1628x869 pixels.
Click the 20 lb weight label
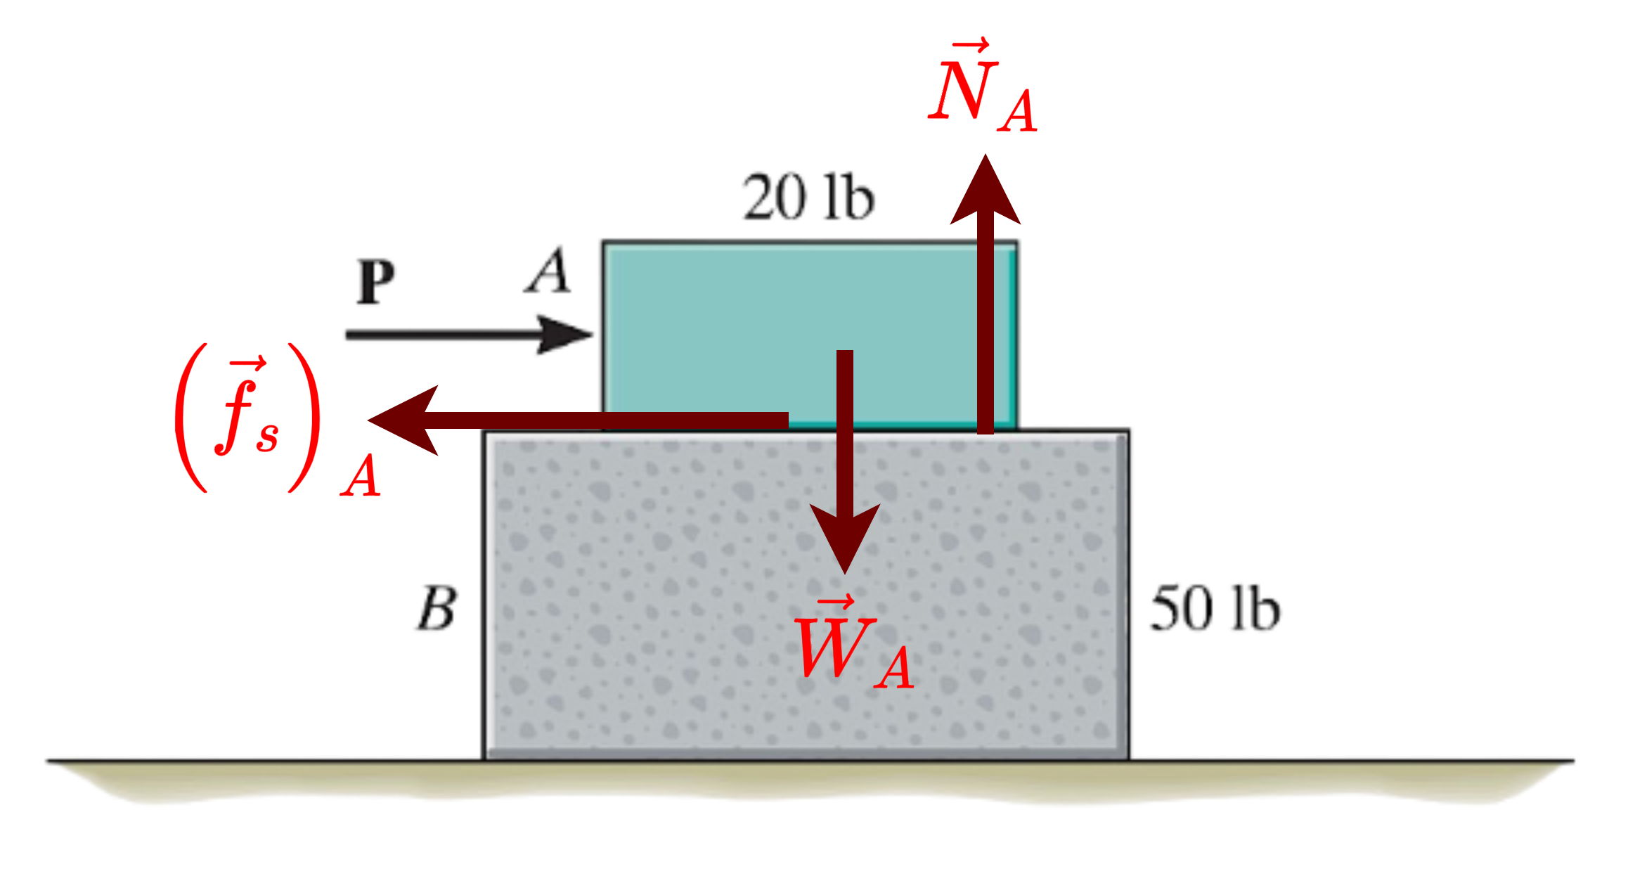[x=808, y=196]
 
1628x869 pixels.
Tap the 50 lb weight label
[x=1215, y=608]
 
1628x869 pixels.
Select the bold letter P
[x=375, y=281]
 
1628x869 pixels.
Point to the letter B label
[x=437, y=609]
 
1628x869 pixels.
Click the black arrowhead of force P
[x=562, y=334]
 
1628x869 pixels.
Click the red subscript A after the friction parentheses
[x=361, y=476]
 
